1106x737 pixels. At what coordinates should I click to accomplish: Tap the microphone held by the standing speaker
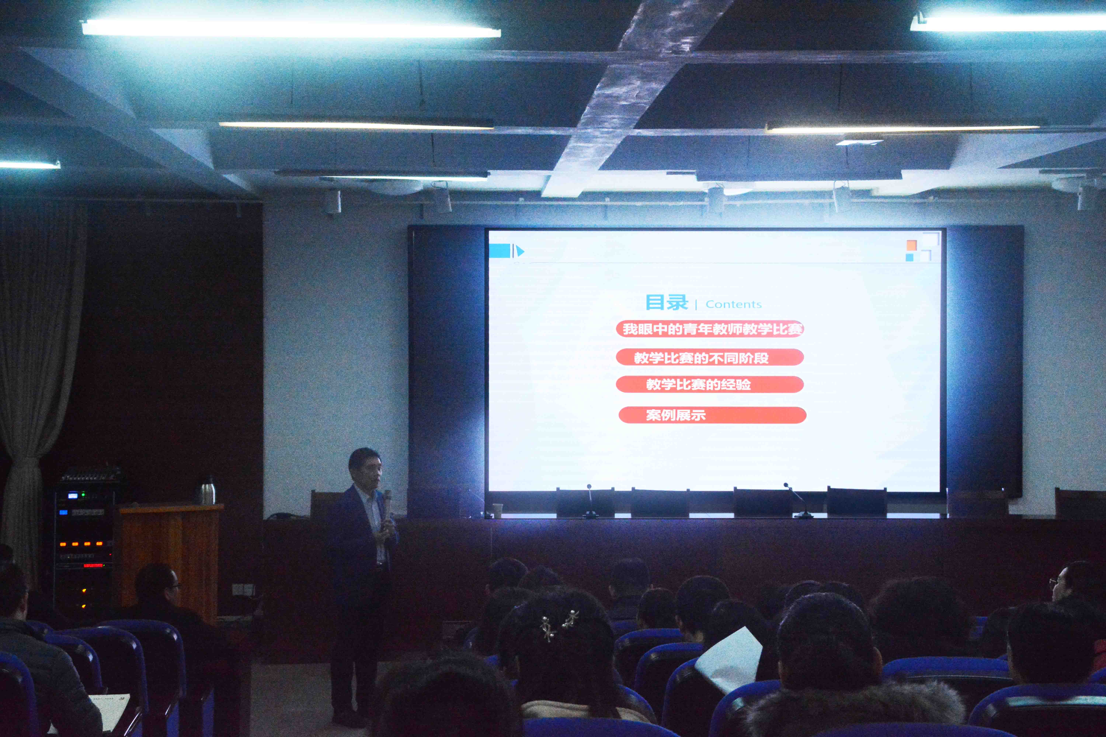pyautogui.click(x=387, y=498)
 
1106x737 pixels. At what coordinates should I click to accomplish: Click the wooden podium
pyautogui.click(x=169, y=559)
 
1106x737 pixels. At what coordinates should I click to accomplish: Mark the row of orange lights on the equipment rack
pyautogui.click(x=81, y=544)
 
